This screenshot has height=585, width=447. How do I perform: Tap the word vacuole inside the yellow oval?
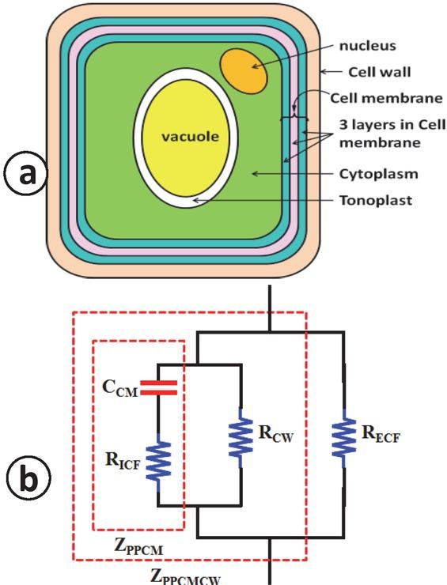click(x=189, y=135)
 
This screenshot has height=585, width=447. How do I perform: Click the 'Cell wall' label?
click(x=378, y=72)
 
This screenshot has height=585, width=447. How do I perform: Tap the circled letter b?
click(x=25, y=479)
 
